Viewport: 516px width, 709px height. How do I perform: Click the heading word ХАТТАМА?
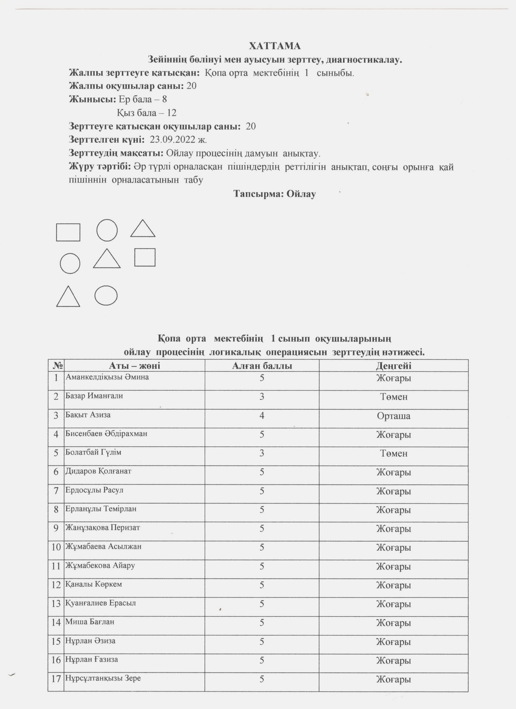274,46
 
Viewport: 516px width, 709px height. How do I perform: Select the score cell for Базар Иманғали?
262,397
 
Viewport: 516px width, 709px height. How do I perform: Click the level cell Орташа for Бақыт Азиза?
393,416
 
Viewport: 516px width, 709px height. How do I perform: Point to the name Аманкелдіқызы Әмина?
107,377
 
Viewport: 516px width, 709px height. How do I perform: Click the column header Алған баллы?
262,366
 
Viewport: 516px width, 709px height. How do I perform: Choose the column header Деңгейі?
393,366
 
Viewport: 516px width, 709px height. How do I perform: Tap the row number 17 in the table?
56,679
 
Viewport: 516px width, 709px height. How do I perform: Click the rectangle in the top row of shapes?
68,232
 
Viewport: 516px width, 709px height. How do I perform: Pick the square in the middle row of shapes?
145,257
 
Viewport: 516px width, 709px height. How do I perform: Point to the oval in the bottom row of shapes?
106,295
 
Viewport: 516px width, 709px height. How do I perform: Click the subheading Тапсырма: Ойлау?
274,194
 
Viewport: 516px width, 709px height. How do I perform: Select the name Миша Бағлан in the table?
90,622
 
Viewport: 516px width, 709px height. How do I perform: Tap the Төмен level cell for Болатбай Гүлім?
393,454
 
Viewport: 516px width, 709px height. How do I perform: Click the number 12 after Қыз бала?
171,113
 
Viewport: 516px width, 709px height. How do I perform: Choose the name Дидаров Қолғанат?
98,471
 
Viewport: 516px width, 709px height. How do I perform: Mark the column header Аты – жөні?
134,366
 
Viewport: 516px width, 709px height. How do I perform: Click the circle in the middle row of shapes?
70,264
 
